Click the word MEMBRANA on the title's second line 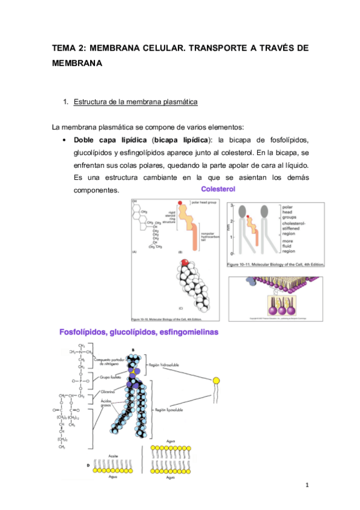(x=78, y=62)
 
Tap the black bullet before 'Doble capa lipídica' (x=63, y=140)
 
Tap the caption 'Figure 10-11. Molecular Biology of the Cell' (x=276, y=264)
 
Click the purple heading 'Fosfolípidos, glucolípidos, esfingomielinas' (x=138, y=331)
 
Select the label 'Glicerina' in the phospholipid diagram (x=108, y=391)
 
